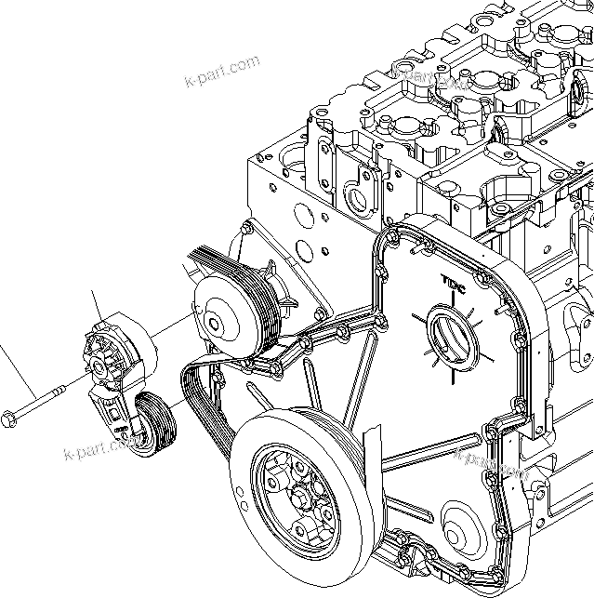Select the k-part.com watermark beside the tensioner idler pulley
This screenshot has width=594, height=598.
100,450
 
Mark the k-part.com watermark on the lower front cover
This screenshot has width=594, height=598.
491,462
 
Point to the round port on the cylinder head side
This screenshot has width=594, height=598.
356,199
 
